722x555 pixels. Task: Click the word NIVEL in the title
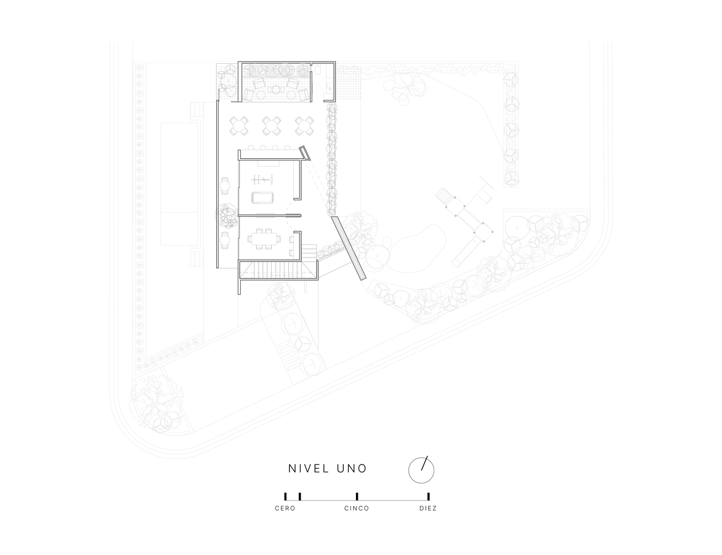(x=308, y=468)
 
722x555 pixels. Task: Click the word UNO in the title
(x=352, y=468)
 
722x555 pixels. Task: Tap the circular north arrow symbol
(x=421, y=470)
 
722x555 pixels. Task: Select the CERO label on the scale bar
(x=285, y=508)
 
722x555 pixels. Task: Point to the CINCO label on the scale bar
(x=357, y=508)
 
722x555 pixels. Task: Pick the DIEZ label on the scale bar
(x=428, y=508)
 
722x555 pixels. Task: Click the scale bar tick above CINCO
(x=357, y=497)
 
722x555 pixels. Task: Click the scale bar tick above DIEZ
(x=428, y=497)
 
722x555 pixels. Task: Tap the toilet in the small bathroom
(x=318, y=70)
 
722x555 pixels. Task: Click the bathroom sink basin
(x=329, y=87)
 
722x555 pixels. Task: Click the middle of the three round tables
(x=272, y=125)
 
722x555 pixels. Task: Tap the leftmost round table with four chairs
(x=239, y=125)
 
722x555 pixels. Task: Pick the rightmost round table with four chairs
(x=304, y=125)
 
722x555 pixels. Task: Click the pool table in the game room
(x=263, y=198)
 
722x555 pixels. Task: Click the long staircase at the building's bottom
(x=278, y=270)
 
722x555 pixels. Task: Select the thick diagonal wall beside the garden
(x=349, y=249)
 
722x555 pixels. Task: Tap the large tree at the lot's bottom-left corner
(x=157, y=402)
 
